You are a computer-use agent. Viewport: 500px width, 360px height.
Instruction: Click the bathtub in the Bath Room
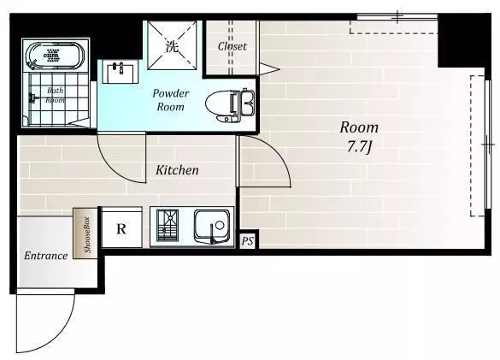(55, 56)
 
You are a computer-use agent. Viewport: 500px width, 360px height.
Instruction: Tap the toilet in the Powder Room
(230, 105)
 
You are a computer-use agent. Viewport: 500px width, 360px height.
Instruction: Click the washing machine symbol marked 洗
(172, 45)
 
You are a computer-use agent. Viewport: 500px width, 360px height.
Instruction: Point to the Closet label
(232, 46)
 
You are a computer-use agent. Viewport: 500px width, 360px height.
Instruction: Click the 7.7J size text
(359, 147)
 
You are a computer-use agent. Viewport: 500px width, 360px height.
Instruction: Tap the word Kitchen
(177, 170)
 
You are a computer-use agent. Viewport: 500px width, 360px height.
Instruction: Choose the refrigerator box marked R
(121, 227)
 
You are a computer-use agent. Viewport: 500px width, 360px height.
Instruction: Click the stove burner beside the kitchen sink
(167, 225)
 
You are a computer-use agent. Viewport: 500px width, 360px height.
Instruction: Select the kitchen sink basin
(212, 225)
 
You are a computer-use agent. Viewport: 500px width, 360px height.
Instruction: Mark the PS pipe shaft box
(248, 241)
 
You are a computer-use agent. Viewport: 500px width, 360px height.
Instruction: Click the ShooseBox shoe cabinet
(85, 233)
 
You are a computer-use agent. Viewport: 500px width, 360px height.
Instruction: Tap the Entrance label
(46, 256)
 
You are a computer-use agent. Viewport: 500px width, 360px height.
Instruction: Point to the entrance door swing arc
(65, 332)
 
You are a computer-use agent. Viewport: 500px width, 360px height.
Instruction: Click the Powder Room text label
(171, 100)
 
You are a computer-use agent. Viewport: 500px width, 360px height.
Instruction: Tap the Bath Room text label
(56, 95)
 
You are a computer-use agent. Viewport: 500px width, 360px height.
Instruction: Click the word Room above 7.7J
(359, 127)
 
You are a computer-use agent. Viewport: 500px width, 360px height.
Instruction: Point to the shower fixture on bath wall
(32, 97)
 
